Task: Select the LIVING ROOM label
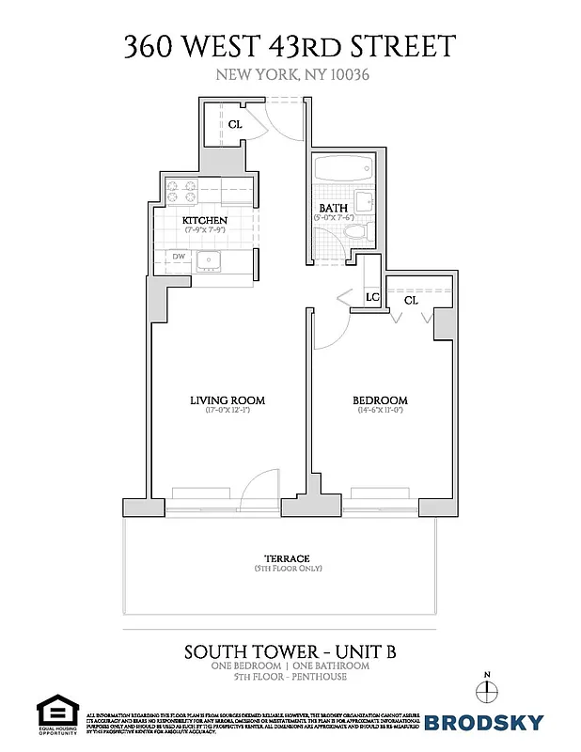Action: tap(228, 400)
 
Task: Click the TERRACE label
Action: tap(288, 558)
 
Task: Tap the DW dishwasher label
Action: tap(178, 256)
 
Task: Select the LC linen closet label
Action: tap(372, 297)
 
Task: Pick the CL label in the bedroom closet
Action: tap(411, 300)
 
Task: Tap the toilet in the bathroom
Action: tap(353, 232)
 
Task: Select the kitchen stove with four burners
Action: tap(181, 191)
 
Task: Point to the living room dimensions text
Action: tap(228, 411)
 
